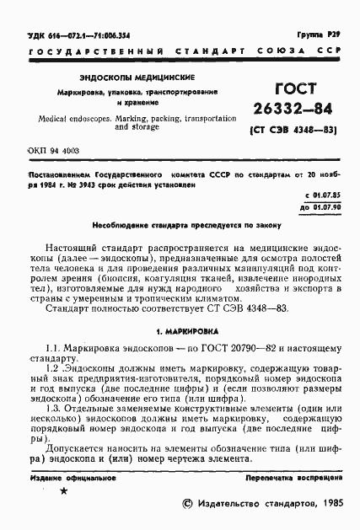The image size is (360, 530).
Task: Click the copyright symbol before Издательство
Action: point(188,504)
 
